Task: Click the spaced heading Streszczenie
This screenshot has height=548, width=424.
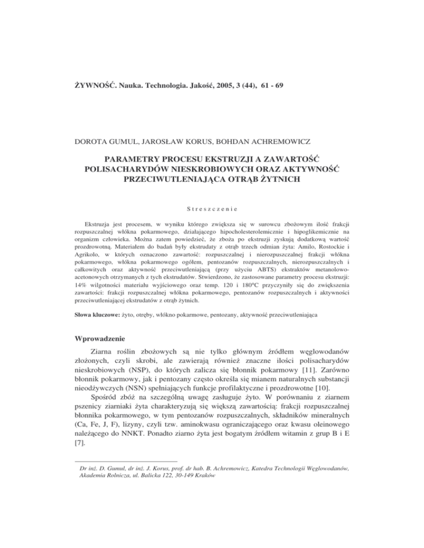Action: (211, 209)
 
